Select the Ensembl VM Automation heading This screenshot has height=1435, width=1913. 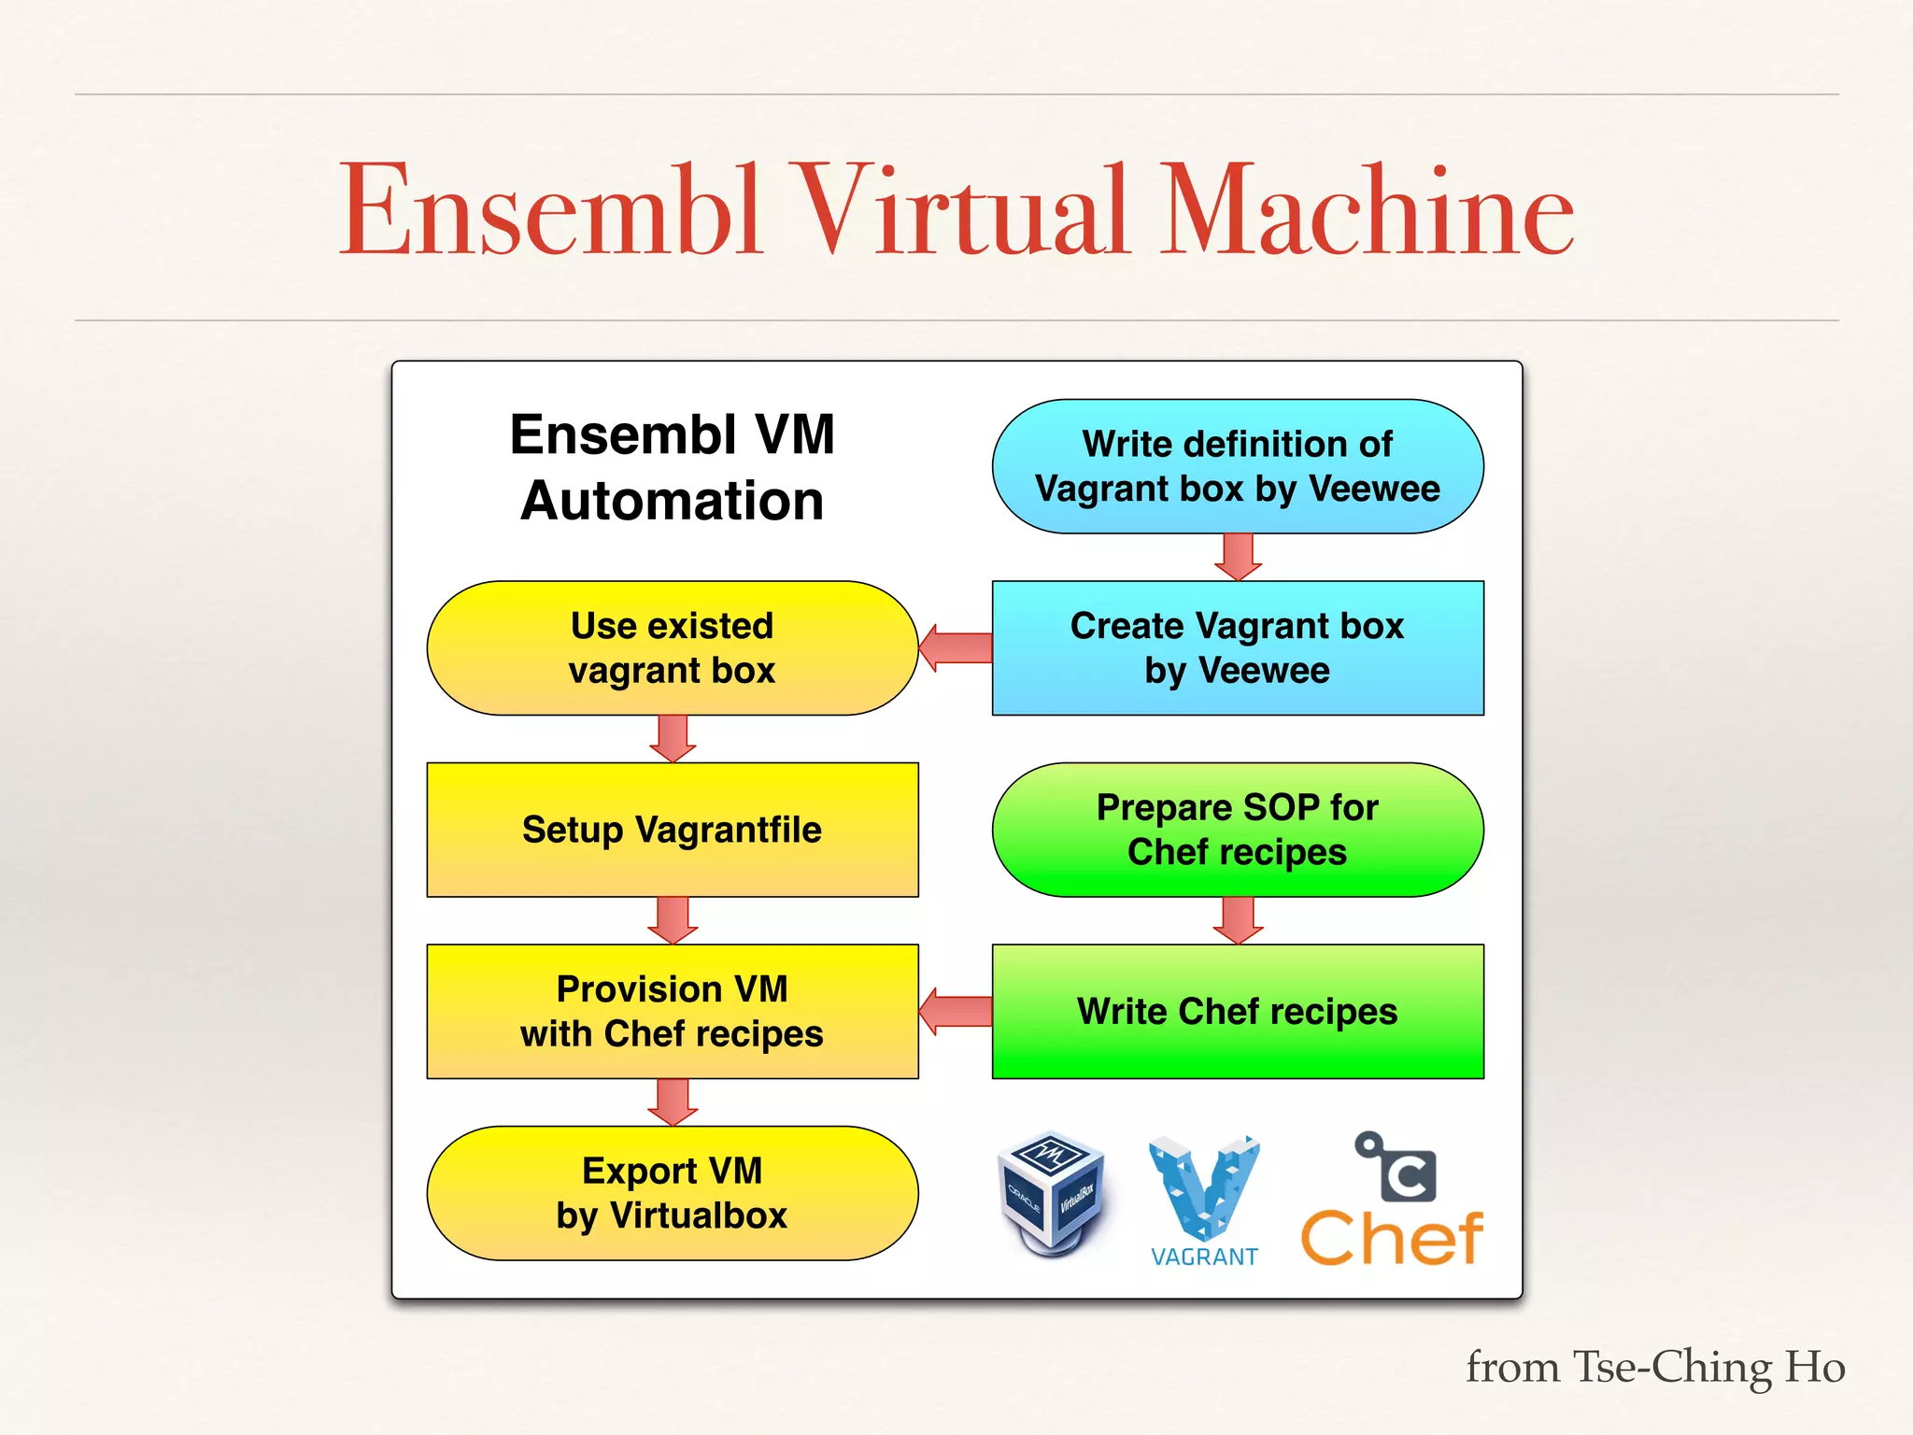coord(672,467)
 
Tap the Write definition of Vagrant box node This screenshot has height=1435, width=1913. coord(1237,466)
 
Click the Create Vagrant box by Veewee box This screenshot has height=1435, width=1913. coord(1237,647)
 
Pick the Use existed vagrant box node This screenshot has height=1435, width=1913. coord(672,647)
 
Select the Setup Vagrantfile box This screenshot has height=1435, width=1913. coord(672,830)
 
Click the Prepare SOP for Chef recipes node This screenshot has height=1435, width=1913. coord(1237,830)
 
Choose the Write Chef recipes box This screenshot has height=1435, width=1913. coord(1237,1011)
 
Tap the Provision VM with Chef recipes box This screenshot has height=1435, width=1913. coord(672,1011)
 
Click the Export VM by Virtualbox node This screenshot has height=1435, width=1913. coord(672,1193)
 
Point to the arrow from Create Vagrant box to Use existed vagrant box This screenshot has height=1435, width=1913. coord(955,647)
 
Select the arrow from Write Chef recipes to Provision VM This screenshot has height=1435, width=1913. coord(955,1011)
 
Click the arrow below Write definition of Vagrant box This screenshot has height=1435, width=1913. coord(1238,557)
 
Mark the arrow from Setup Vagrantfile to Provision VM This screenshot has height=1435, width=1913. coord(673,920)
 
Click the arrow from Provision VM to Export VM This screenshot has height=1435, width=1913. coord(673,1102)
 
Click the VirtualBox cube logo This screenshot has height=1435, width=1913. coord(1051,1193)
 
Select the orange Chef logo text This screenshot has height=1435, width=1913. coord(1391,1239)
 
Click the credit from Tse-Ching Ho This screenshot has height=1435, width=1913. coord(1654,1367)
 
